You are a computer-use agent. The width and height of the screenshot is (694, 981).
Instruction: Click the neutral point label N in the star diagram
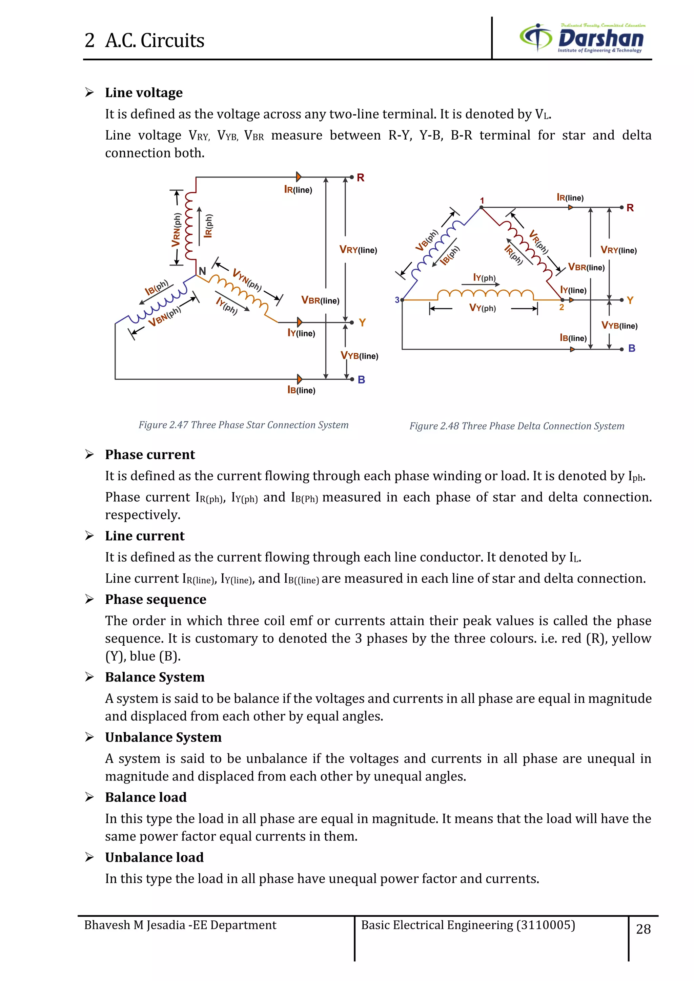[202, 271]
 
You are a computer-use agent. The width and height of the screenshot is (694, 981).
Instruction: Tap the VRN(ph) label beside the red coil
[176, 230]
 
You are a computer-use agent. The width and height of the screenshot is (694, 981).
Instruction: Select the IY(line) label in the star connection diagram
[301, 333]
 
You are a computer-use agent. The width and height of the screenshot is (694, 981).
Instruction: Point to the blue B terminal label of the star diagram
[361, 380]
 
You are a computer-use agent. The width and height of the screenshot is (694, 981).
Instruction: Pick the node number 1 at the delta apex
[482, 201]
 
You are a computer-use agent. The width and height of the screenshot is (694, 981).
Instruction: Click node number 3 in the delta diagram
[397, 300]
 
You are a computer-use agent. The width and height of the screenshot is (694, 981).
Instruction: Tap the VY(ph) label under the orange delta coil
[483, 308]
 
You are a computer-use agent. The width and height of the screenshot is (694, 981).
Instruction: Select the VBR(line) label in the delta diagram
[586, 268]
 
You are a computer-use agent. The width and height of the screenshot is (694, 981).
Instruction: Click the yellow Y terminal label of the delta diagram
[630, 300]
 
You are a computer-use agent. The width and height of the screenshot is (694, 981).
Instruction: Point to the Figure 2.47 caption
[243, 425]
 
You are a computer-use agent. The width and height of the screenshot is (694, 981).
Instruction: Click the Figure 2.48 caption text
[517, 426]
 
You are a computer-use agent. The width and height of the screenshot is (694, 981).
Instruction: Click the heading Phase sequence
[156, 600]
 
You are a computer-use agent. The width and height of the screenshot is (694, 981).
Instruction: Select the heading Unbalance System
[163, 737]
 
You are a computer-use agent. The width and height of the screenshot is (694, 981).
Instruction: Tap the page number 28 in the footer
[643, 929]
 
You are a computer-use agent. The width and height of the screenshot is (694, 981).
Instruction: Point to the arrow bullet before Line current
[89, 536]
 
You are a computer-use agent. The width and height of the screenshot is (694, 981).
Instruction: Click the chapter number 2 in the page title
[89, 41]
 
